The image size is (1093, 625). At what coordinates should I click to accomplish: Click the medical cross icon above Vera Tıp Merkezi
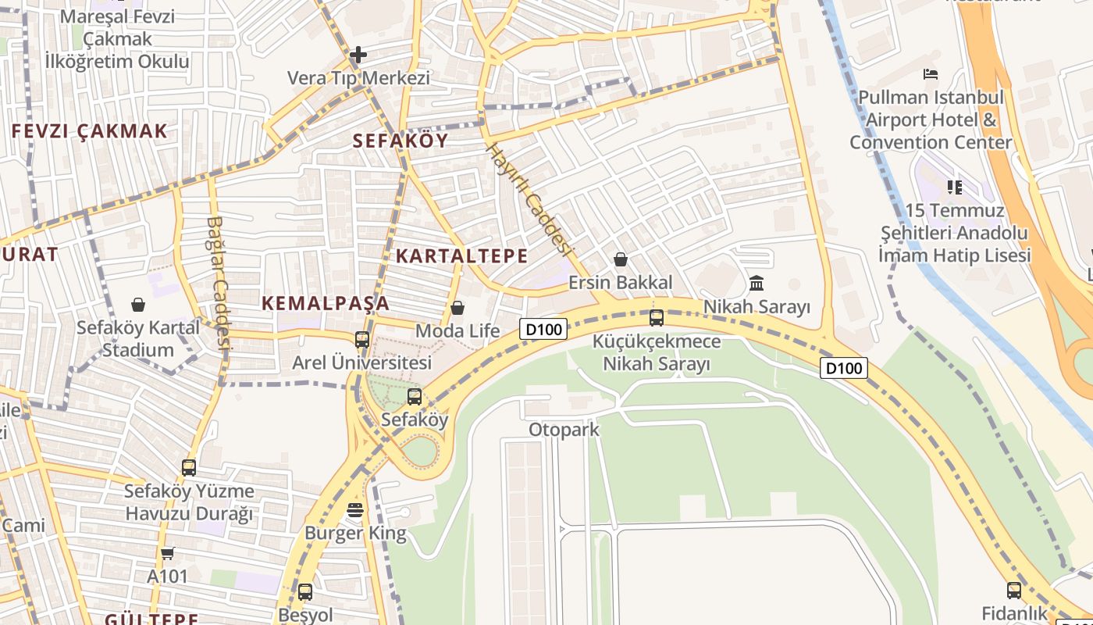coord(358,55)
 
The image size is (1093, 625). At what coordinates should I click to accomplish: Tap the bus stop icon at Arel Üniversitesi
coord(362,340)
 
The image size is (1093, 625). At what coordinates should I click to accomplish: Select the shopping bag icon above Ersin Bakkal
coord(621,259)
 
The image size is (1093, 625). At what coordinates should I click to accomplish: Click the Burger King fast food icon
coord(355,510)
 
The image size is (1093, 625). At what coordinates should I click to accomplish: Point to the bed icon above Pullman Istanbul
coord(931,74)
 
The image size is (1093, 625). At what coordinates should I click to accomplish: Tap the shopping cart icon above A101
coord(168,553)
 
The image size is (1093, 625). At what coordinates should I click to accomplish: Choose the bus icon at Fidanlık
coord(1014,590)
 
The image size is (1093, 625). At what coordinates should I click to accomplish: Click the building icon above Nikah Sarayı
coord(757,282)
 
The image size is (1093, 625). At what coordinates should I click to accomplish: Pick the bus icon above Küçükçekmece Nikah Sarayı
coord(657,317)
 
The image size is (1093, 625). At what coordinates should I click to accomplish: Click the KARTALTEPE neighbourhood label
coord(462,255)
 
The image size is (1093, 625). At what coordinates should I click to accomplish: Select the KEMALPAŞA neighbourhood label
coord(326,303)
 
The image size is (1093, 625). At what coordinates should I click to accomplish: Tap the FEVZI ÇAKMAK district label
coord(90,131)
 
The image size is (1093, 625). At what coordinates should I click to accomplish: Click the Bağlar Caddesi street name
coord(218,281)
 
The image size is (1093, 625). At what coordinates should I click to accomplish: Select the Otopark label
coord(564,430)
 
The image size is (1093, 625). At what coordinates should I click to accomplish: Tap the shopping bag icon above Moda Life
coord(457,308)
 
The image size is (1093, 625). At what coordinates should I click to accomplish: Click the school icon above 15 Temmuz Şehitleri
coord(954,187)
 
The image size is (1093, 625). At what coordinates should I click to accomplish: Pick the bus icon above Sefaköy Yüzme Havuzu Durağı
coord(189,467)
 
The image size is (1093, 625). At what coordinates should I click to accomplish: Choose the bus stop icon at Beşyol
coord(305,591)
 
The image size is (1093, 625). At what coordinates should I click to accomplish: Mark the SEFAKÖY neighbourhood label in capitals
coord(401,141)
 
